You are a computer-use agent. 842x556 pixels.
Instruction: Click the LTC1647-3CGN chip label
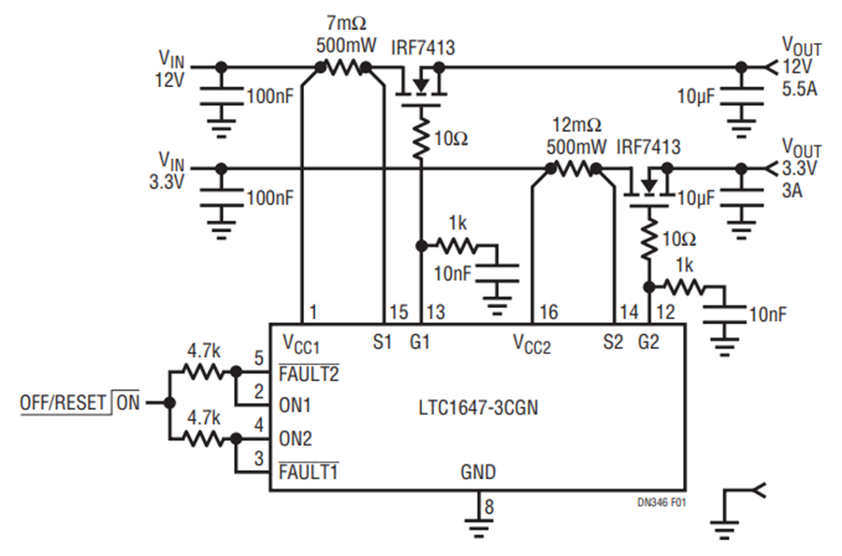[478, 408]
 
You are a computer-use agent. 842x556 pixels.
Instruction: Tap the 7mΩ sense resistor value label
[346, 23]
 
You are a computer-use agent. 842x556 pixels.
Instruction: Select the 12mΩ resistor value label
[576, 125]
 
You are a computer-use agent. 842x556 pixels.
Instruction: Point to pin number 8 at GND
[488, 506]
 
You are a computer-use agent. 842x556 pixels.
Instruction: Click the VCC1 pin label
[300, 344]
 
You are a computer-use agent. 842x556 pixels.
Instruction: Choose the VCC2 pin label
[531, 344]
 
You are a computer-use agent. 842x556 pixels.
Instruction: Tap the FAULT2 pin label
[309, 373]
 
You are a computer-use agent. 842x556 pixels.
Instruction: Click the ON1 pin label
[295, 405]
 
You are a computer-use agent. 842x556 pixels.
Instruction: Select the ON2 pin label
[295, 439]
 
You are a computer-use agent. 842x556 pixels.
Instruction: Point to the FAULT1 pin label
[308, 472]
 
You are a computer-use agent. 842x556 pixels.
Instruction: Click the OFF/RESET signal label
[63, 402]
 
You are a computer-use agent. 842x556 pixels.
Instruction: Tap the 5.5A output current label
[800, 89]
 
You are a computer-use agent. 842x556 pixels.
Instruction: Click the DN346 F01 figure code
[661, 503]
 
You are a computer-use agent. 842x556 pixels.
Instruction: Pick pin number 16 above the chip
[548, 312]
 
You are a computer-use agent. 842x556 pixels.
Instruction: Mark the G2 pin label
[648, 342]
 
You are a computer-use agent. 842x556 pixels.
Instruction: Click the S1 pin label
[383, 342]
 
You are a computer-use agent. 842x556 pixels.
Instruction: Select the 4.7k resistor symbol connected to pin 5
[202, 372]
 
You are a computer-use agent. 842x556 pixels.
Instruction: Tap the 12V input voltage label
[169, 80]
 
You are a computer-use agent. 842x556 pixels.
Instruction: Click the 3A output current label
[792, 190]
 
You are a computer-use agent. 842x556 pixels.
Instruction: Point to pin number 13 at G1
[435, 312]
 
